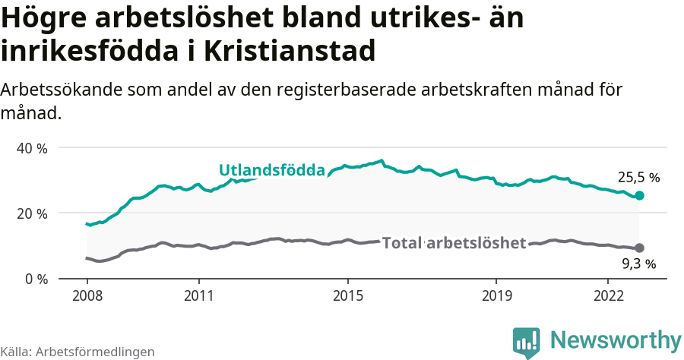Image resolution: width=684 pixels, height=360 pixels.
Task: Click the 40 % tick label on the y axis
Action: (x=32, y=148)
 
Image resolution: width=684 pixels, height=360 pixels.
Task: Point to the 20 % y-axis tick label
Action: (x=32, y=213)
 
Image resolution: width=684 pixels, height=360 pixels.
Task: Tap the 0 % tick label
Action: (x=36, y=279)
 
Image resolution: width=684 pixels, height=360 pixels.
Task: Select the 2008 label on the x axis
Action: (x=87, y=295)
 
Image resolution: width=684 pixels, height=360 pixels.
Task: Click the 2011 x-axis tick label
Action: (x=198, y=295)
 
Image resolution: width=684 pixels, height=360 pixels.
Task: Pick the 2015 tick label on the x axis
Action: (x=347, y=295)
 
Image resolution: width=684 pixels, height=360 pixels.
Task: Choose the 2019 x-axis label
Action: (x=496, y=295)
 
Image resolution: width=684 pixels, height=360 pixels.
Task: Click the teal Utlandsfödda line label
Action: (x=272, y=170)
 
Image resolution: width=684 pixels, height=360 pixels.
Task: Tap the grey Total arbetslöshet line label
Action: (x=454, y=243)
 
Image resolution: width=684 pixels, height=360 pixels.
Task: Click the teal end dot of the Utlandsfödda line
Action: (x=639, y=196)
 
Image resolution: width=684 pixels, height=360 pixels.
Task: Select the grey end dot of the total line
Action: (x=639, y=248)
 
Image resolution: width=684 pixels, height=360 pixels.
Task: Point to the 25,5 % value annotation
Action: (x=638, y=178)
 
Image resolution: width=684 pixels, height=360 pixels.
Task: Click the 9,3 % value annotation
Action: (x=638, y=264)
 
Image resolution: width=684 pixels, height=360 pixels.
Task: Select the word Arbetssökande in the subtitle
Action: (x=54, y=90)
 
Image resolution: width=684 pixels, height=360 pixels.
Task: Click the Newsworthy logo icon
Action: (x=526, y=342)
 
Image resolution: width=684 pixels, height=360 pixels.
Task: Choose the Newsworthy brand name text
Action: (x=616, y=339)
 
